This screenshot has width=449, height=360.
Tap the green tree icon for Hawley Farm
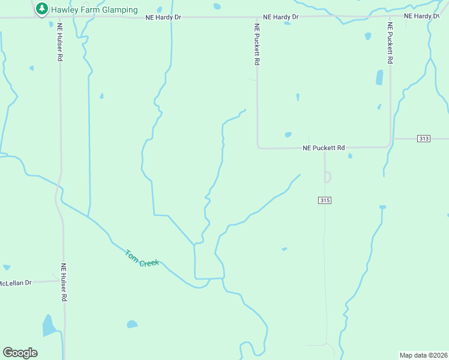[41, 9]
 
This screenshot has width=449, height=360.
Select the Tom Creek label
[142, 259]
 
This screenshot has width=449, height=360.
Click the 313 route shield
[424, 139]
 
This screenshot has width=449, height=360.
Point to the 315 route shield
[325, 200]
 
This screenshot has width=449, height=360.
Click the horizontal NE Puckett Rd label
[324, 148]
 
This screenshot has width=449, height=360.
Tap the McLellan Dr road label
[15, 283]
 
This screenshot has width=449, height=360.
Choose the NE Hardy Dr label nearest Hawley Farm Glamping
[163, 18]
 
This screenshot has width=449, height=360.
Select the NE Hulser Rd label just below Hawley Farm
[60, 41]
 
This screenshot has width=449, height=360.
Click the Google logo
[20, 352]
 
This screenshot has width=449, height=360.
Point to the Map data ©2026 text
[424, 355]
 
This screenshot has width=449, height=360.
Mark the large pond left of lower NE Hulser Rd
[48, 326]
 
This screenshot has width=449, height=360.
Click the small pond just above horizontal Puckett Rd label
[288, 134]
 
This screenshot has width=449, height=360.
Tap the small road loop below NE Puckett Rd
[327, 177]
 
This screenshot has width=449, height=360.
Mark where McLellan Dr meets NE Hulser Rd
[62, 280]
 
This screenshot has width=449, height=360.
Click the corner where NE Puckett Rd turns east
[258, 147]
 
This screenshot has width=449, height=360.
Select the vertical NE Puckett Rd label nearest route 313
[390, 43]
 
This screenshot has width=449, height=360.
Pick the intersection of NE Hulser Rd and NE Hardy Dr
[60, 18]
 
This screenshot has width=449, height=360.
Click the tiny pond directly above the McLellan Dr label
[7, 267]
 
